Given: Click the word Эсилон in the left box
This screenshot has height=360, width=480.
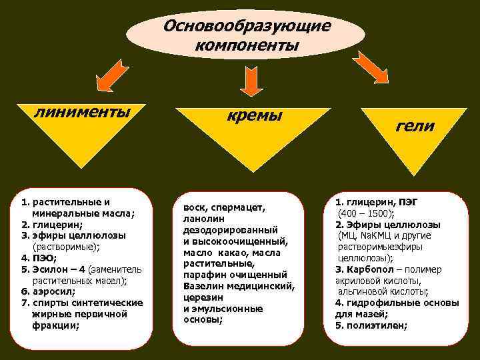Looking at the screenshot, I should point(49,269).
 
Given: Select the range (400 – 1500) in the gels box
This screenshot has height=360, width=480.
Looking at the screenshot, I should point(366,213).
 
